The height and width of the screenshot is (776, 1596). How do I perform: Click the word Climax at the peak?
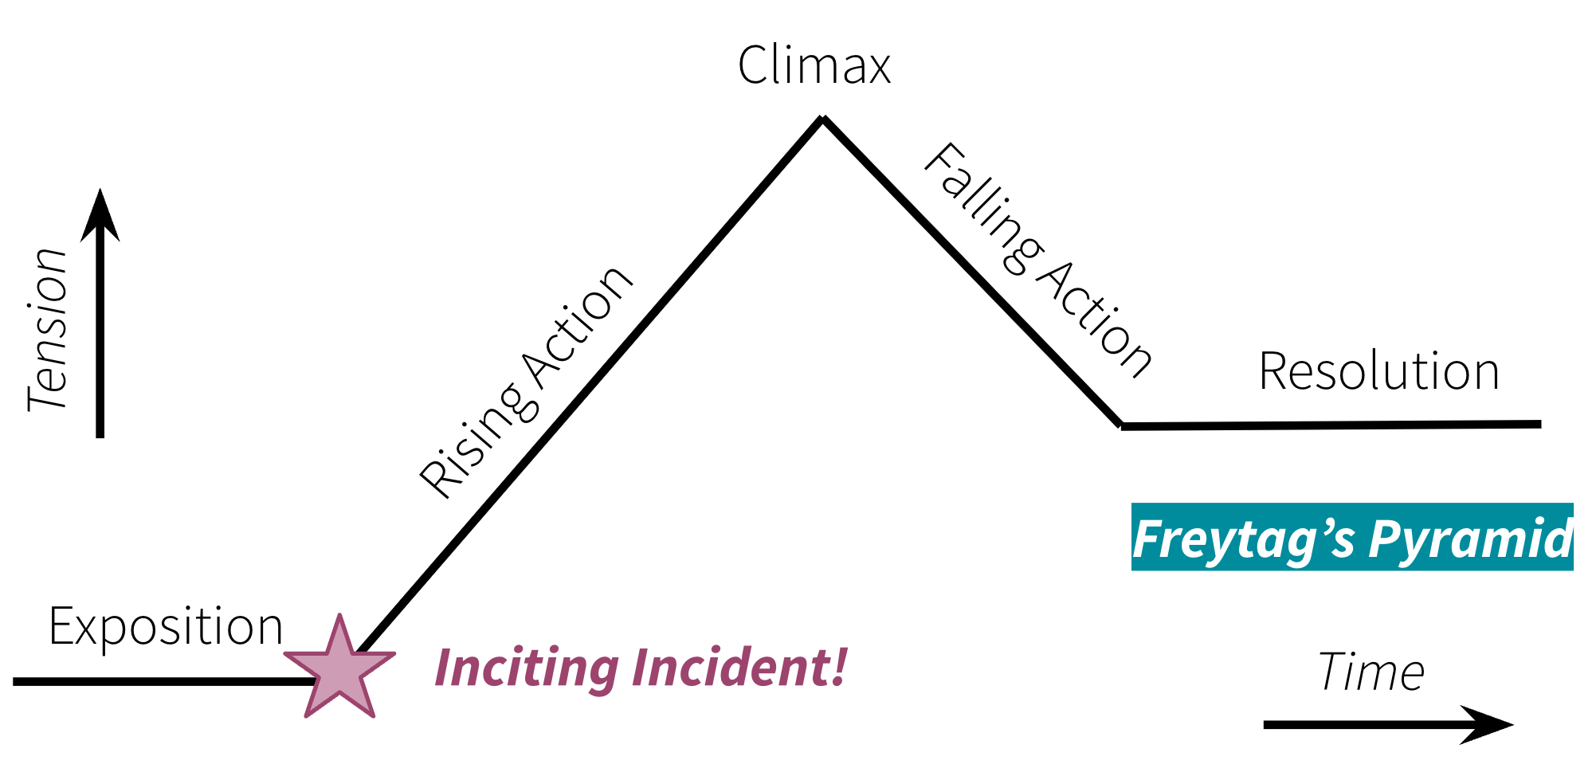[814, 65]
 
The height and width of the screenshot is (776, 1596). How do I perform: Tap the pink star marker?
[339, 668]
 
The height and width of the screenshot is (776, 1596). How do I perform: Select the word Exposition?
[166, 627]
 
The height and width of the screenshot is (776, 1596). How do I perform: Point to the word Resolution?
[1378, 371]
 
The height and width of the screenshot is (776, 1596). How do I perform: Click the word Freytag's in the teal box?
[1243, 539]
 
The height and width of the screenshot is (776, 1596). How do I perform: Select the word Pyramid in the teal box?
[1470, 539]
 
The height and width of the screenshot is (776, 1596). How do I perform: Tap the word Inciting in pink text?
[527, 667]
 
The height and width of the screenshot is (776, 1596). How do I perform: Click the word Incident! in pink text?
[739, 667]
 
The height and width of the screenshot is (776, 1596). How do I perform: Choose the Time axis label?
[1371, 672]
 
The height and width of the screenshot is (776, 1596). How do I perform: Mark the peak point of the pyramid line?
[822, 119]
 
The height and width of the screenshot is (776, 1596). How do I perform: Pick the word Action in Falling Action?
[1096, 319]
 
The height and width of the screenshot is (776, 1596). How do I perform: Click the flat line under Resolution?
[1331, 425]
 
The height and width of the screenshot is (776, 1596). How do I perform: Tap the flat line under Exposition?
[159, 681]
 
